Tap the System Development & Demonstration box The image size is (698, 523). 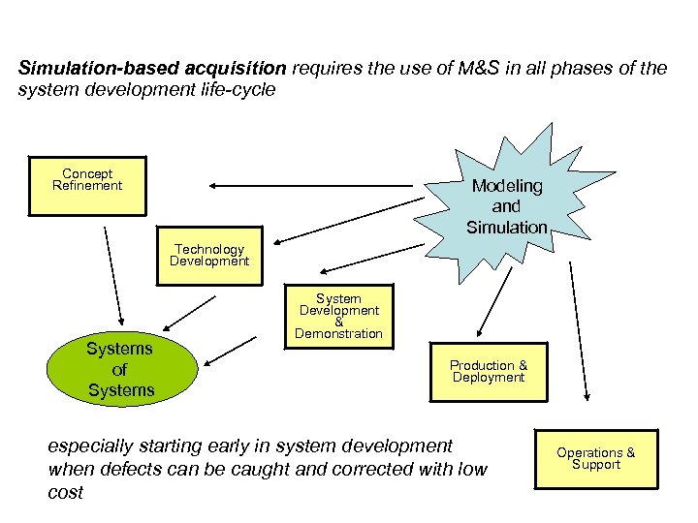(338, 316)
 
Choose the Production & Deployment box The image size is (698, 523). (489, 371)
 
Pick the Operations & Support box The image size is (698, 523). (595, 458)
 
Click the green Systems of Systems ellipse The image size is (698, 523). (120, 369)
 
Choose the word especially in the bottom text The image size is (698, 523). (91, 446)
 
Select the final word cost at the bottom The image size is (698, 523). (65, 493)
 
